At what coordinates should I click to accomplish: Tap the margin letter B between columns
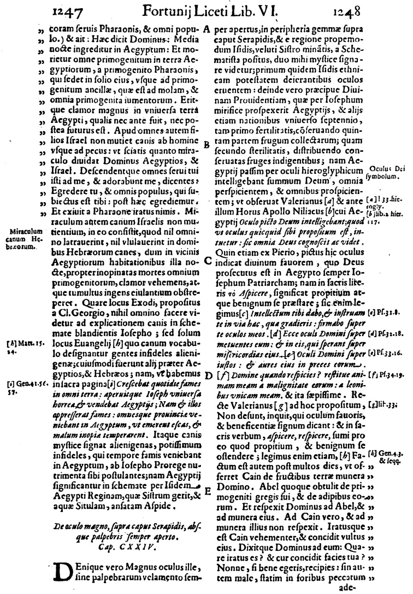206,144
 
